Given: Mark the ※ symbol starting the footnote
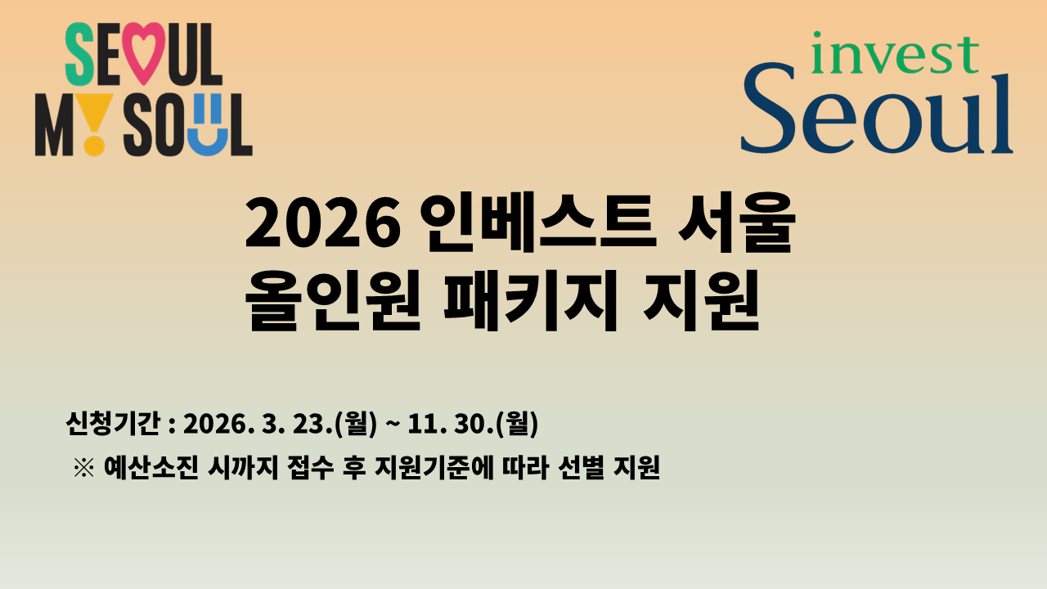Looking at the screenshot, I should pyautogui.click(x=84, y=468).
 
